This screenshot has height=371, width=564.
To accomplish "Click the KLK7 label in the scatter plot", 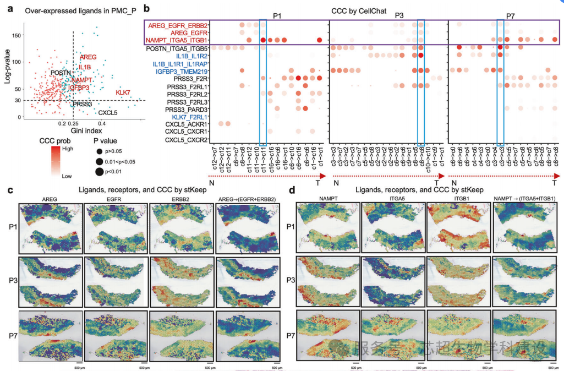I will (123, 92).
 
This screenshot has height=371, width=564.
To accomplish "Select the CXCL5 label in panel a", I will (107, 112).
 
